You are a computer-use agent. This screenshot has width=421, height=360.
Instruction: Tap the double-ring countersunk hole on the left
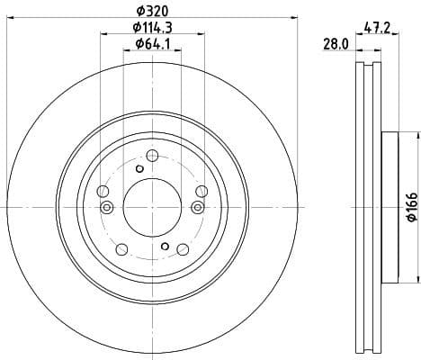[107, 209]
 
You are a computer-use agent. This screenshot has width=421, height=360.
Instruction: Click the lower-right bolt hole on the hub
[182, 248]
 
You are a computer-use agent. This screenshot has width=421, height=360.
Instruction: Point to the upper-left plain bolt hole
[104, 191]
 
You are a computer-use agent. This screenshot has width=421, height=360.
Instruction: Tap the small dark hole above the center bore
[139, 169]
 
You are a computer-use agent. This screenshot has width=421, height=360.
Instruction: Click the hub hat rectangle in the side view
[389, 208]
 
